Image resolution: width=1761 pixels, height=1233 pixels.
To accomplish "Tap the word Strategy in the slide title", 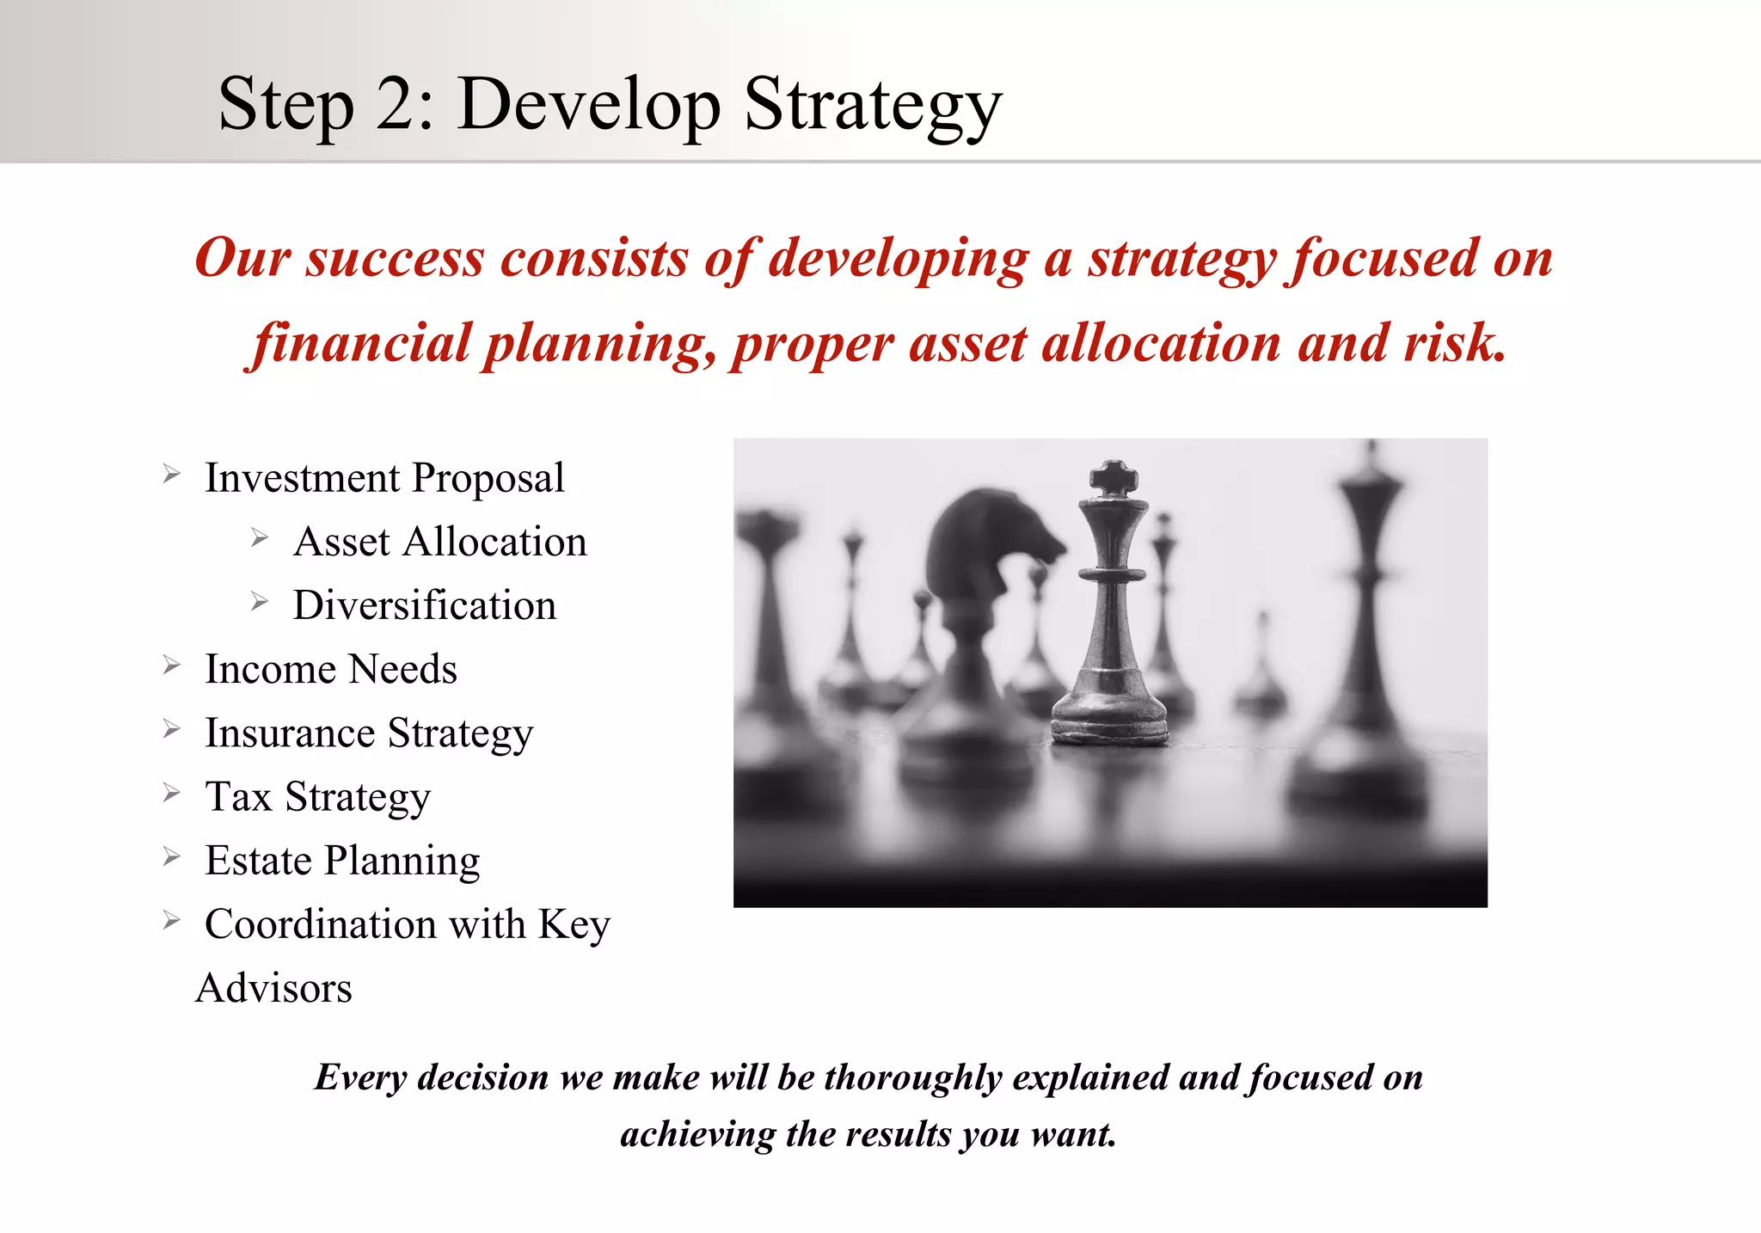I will [x=873, y=105].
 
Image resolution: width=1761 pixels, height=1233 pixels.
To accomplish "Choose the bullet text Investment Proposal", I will [x=384, y=478].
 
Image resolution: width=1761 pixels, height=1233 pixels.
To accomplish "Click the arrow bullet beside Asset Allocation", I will [x=260, y=538].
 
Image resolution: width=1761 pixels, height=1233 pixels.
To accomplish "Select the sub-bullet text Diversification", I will [x=424, y=605].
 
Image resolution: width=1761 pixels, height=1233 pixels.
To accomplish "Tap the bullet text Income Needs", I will [x=330, y=669].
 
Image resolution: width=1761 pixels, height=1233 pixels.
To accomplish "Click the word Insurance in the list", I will [x=290, y=733].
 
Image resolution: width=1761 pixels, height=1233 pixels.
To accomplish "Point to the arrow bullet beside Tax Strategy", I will [x=172, y=793].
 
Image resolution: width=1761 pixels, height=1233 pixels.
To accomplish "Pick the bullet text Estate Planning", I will [x=342, y=861].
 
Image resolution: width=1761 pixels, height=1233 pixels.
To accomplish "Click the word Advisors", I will [x=273, y=988].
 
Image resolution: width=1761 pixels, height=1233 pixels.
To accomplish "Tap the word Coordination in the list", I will [x=320, y=924].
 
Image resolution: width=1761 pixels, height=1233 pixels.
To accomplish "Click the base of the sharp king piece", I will [x=1110, y=727].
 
